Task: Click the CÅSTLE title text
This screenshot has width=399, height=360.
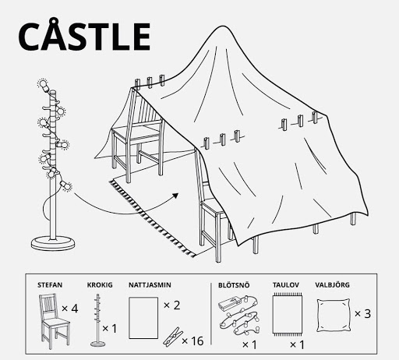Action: click(x=84, y=34)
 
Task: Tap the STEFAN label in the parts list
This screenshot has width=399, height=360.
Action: click(x=50, y=285)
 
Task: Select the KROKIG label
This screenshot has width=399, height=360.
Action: click(x=100, y=285)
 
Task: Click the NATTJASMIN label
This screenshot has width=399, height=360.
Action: click(x=150, y=285)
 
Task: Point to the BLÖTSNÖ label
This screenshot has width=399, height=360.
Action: click(x=234, y=285)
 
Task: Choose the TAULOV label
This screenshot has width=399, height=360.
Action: click(x=286, y=285)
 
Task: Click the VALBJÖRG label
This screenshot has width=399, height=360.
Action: click(x=332, y=285)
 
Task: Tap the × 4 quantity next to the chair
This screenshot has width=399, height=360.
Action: click(x=70, y=309)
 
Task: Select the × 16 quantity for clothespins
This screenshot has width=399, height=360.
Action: click(x=192, y=341)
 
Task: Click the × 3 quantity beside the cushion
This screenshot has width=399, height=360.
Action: click(x=362, y=313)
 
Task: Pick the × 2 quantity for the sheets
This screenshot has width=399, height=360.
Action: click(x=172, y=305)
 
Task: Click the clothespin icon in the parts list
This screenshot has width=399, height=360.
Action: click(x=173, y=337)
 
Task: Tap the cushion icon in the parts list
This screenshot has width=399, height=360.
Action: click(x=334, y=316)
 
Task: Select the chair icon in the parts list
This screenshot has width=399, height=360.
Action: click(x=54, y=321)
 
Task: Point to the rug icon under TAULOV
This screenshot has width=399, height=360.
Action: click(x=288, y=315)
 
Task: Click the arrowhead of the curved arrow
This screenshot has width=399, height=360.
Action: click(x=175, y=196)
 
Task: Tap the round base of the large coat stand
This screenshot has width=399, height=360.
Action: click(x=53, y=243)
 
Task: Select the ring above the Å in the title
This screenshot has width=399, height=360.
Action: click(x=54, y=21)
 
